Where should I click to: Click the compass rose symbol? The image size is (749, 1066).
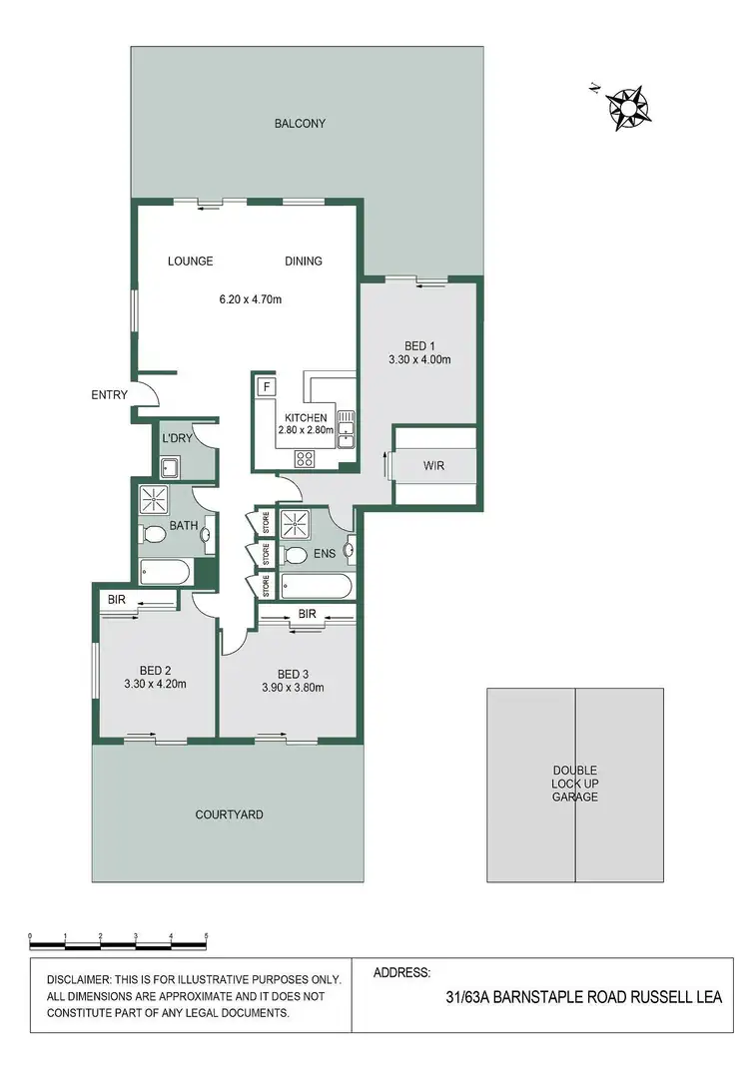click(x=626, y=107)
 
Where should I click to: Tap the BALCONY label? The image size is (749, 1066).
click(x=301, y=124)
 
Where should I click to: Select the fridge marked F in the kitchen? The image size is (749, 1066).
click(x=267, y=387)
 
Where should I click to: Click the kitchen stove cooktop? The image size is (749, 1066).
click(x=305, y=459)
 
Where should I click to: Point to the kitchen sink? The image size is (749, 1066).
click(x=346, y=427)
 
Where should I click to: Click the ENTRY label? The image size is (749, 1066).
click(x=109, y=395)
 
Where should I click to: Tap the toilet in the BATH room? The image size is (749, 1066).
click(x=154, y=535)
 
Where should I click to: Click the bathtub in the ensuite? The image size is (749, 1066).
click(x=316, y=585)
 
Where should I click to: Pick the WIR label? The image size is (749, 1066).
click(x=433, y=465)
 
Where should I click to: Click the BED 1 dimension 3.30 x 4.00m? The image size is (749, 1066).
click(x=419, y=359)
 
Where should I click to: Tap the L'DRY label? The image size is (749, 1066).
click(x=177, y=438)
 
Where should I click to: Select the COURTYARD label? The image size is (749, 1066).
click(x=229, y=814)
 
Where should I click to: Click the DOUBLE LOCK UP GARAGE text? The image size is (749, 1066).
click(x=575, y=784)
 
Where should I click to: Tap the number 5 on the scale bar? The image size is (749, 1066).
click(x=206, y=936)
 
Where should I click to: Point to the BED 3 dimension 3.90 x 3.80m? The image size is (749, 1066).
click(x=294, y=686)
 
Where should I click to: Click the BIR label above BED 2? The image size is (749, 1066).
click(x=116, y=599)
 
